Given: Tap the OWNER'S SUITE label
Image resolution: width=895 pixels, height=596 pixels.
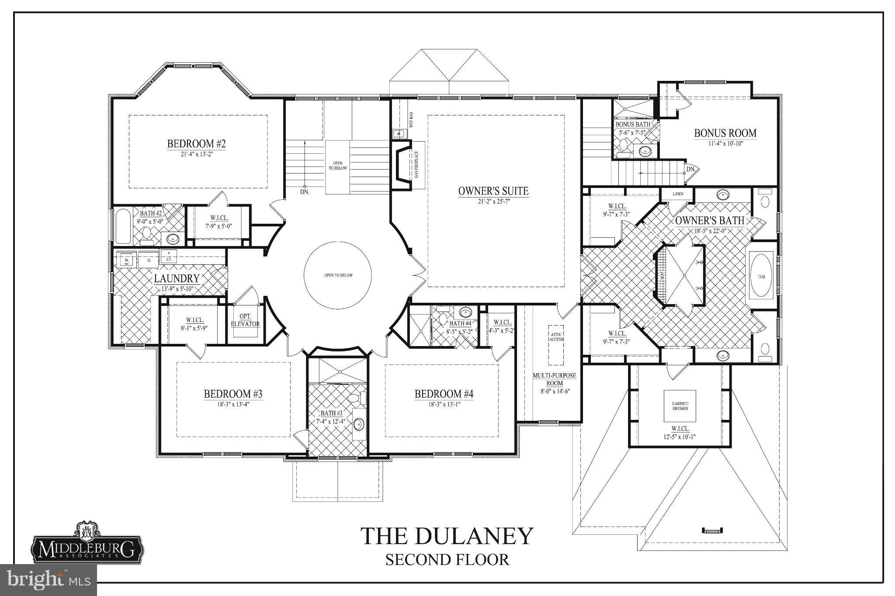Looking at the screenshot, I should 493,191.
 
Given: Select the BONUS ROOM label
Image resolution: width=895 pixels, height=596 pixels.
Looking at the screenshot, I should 725,133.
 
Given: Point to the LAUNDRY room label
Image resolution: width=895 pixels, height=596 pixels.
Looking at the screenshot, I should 176,278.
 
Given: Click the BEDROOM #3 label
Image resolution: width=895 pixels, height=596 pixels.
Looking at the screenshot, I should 233,394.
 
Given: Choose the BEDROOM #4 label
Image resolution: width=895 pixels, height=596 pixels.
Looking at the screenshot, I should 444,394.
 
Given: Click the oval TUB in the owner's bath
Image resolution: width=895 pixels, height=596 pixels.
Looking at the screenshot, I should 761,276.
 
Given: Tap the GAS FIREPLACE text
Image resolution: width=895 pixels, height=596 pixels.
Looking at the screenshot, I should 416,164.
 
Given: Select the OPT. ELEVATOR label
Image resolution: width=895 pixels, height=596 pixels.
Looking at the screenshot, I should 245,320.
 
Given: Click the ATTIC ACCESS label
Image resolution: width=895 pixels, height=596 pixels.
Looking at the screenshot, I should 556,336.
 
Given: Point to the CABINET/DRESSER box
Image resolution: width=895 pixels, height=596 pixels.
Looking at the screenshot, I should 680,405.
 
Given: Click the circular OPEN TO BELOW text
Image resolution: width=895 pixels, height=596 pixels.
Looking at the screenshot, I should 338,275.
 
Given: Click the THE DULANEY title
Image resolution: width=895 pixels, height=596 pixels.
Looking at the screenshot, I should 447,536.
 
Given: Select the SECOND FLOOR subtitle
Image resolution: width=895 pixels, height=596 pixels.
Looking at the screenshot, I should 447,560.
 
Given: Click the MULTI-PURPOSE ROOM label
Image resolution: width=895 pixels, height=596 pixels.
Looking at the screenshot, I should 554,379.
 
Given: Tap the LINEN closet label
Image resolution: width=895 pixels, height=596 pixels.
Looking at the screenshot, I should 678,194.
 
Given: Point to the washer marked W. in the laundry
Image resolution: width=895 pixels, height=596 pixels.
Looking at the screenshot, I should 127,260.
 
